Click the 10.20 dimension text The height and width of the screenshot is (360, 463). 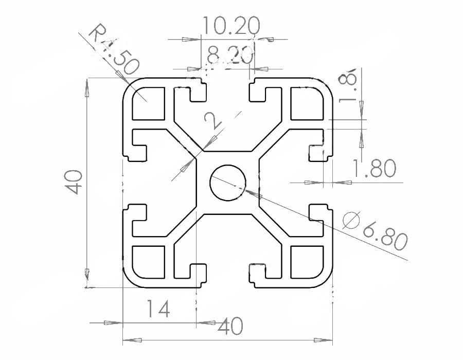click(231, 25)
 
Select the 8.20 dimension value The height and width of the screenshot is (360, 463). click(230, 53)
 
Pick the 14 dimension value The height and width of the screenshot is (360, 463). click(157, 309)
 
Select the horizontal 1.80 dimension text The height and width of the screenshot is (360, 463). click(374, 168)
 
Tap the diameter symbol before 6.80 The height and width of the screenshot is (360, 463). click(350, 220)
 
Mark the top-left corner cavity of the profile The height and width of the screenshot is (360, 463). click(148, 103)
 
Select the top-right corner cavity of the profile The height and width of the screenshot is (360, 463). click(307, 103)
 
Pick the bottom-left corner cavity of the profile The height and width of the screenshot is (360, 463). click(148, 262)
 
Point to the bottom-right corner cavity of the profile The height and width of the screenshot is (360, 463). click(307, 262)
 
